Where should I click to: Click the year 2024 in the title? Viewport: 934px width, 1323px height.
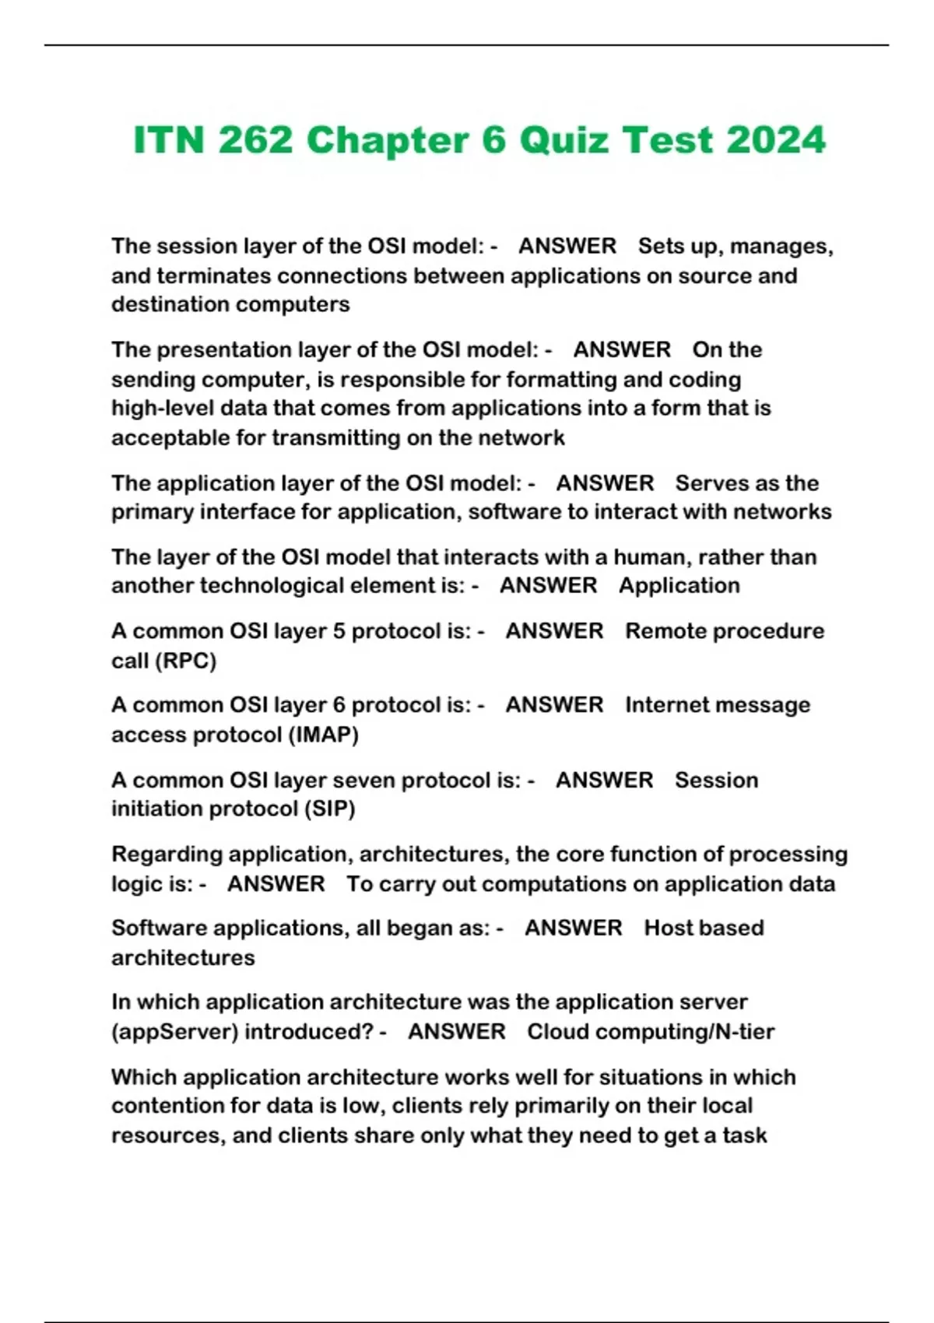coord(775,140)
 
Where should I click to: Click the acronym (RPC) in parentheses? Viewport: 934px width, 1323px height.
coord(186,661)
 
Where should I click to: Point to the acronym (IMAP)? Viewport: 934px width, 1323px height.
coord(323,735)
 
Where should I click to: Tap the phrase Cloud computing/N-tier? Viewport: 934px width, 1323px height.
coord(651,1032)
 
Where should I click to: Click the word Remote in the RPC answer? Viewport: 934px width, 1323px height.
coord(662,631)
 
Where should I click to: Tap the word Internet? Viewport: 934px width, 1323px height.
coord(669,705)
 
